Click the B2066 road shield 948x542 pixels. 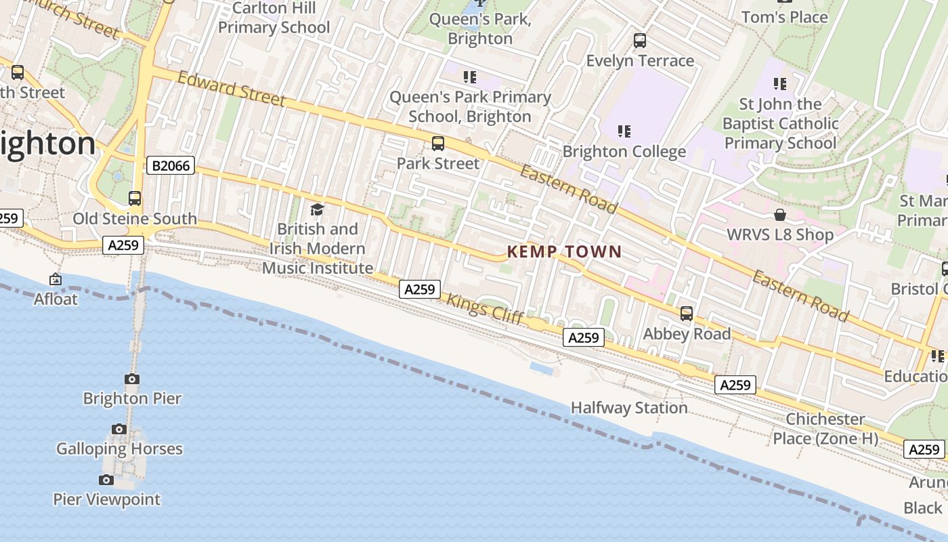(x=171, y=165)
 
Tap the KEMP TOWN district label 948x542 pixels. (x=564, y=252)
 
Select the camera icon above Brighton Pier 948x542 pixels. (x=132, y=379)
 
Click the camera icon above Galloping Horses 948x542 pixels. (x=119, y=429)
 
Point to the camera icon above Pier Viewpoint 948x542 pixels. (x=106, y=480)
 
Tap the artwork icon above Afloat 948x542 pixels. (x=56, y=279)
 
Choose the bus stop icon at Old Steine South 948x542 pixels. (x=135, y=199)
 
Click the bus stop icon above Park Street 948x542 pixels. (x=438, y=144)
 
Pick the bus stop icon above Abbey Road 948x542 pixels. (x=687, y=314)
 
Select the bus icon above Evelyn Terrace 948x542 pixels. (x=640, y=41)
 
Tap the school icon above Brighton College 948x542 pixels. (x=624, y=131)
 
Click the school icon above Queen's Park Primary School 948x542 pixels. (x=470, y=77)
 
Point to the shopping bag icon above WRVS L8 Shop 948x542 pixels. (x=780, y=215)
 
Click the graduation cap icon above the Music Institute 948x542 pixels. (x=317, y=209)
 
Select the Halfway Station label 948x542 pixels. (x=629, y=408)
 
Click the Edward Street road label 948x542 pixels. (x=231, y=89)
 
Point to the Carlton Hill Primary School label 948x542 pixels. (x=274, y=18)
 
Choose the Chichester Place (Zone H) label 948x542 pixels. (x=825, y=429)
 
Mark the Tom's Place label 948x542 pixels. (x=784, y=17)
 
